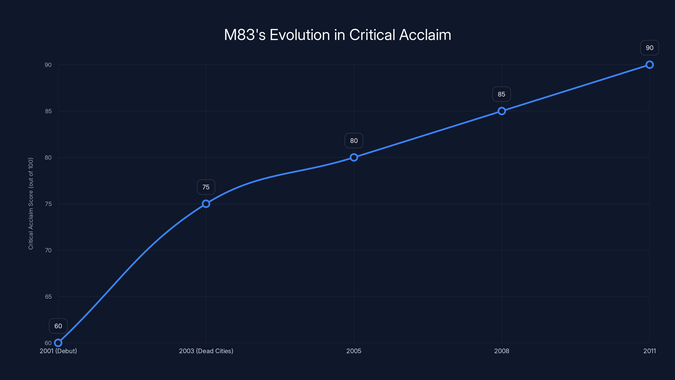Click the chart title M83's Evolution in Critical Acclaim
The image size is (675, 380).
337,35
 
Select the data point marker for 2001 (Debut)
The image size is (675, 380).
58,343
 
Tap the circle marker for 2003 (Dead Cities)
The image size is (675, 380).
206,204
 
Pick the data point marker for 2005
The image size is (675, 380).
354,157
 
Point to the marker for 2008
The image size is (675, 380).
502,111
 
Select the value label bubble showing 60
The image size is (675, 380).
58,326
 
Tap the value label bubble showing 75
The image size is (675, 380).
206,187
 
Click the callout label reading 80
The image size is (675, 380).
354,141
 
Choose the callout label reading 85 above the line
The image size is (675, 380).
502,94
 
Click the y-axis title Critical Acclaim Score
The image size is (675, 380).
31,204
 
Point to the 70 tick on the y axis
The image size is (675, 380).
48,250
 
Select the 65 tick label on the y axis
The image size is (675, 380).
48,297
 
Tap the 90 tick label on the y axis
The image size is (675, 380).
48,65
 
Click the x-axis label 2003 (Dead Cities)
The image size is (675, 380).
206,351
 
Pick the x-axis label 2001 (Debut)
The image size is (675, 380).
58,351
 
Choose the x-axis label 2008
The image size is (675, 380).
502,351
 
